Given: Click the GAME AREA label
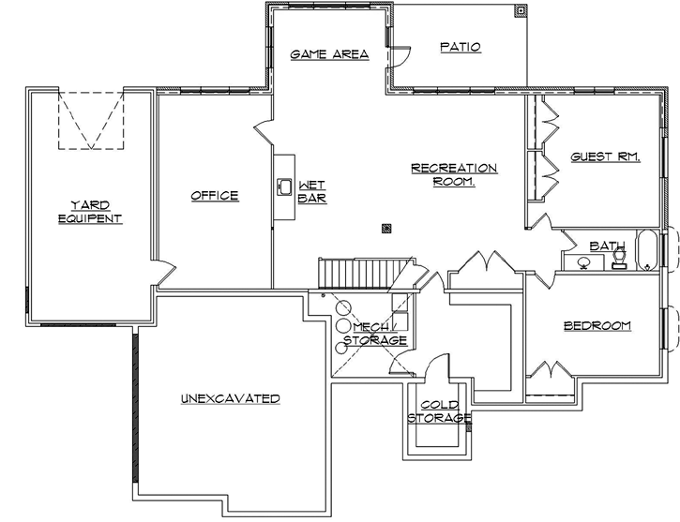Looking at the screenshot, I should pos(328,54).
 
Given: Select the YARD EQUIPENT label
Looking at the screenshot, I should pos(90,212).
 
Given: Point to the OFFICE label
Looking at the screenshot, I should pos(215,196).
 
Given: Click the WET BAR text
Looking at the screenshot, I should pos(311,191).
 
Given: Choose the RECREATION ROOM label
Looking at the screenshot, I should pos(454,175).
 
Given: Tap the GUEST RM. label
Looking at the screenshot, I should pos(605,157).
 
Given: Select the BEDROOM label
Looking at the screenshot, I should pos(597,326).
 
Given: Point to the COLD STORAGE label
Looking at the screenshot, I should pos(438,411).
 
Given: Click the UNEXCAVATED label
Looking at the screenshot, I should pos(230,399).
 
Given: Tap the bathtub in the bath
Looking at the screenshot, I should pos(647,251).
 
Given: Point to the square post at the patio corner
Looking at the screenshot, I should pos(520,11).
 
